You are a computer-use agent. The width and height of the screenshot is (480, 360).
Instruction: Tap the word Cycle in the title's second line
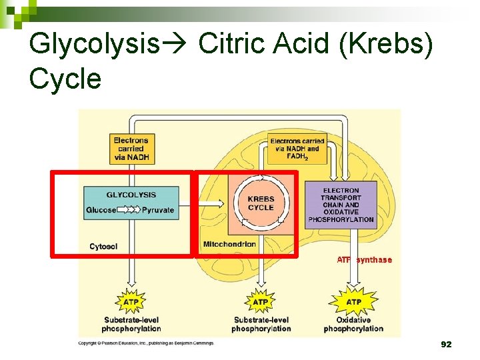click(x=65, y=79)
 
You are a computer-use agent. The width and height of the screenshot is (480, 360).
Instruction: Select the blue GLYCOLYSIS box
click(x=131, y=203)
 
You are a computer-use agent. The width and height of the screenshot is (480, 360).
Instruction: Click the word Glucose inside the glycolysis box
click(x=101, y=210)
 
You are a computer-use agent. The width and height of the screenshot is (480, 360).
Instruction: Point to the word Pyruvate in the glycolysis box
click(x=158, y=210)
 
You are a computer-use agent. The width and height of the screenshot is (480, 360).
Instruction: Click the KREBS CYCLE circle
click(x=261, y=203)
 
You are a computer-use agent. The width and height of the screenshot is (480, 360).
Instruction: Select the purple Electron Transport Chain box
click(x=341, y=205)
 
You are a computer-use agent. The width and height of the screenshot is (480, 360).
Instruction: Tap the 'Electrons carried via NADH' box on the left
click(x=131, y=149)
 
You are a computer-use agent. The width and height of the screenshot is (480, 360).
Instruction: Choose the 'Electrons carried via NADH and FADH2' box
click(x=297, y=149)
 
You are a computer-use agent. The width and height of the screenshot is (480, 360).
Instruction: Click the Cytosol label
click(x=103, y=247)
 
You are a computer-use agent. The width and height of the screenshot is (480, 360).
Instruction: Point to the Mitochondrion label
click(x=229, y=244)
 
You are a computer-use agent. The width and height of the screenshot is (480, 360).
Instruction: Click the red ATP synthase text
click(x=364, y=260)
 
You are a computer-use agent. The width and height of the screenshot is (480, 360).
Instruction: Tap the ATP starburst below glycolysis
click(x=131, y=302)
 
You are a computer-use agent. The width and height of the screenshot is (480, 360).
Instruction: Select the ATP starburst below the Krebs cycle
click(x=261, y=302)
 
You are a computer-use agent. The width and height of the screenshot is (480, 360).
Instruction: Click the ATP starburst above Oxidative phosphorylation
click(x=353, y=302)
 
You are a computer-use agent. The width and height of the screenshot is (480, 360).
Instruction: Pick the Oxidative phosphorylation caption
click(x=353, y=324)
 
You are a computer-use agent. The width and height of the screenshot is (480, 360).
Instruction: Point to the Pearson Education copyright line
click(x=146, y=343)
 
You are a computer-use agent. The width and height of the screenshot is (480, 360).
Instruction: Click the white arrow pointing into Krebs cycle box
click(x=212, y=203)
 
